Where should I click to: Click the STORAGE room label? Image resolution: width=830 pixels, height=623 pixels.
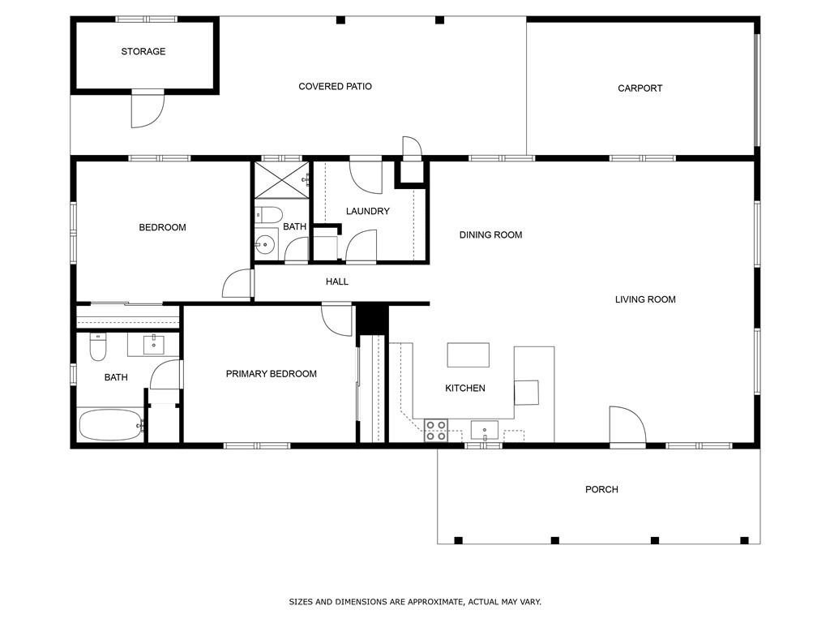point(143,52)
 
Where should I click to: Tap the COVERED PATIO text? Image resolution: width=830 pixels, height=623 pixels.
point(335,87)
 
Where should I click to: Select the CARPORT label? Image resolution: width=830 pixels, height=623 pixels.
point(640,88)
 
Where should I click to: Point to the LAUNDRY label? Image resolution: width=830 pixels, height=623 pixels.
point(367,212)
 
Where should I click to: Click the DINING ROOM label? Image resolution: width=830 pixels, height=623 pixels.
point(490,235)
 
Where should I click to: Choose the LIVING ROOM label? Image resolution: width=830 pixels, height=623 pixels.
point(644,300)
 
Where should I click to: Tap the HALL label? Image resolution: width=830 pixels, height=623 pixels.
point(337,282)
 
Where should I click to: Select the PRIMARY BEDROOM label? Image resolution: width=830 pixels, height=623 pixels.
point(271,374)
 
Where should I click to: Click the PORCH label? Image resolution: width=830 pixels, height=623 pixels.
point(601,490)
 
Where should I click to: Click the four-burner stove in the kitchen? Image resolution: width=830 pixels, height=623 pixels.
point(436,430)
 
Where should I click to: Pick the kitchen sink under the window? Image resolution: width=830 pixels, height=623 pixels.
point(484,429)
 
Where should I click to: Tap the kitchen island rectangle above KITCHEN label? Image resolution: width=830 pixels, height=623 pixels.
point(468,355)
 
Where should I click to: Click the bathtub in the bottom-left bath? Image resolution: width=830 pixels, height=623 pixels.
point(110,424)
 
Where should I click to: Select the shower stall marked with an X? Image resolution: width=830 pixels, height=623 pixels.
point(280,180)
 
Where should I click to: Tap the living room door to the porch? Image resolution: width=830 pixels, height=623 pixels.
point(627,425)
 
